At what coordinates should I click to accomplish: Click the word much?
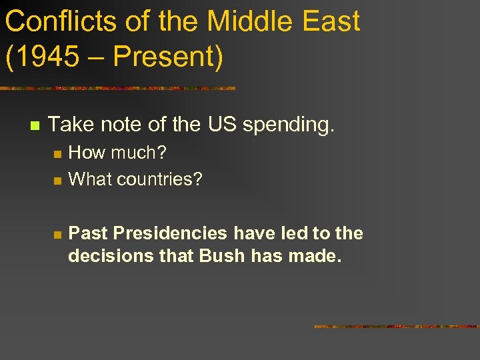139,153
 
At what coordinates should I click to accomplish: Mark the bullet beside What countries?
57,181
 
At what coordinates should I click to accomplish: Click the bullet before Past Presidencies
57,235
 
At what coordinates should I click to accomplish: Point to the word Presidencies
171,233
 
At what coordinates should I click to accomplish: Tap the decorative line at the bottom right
397,326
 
